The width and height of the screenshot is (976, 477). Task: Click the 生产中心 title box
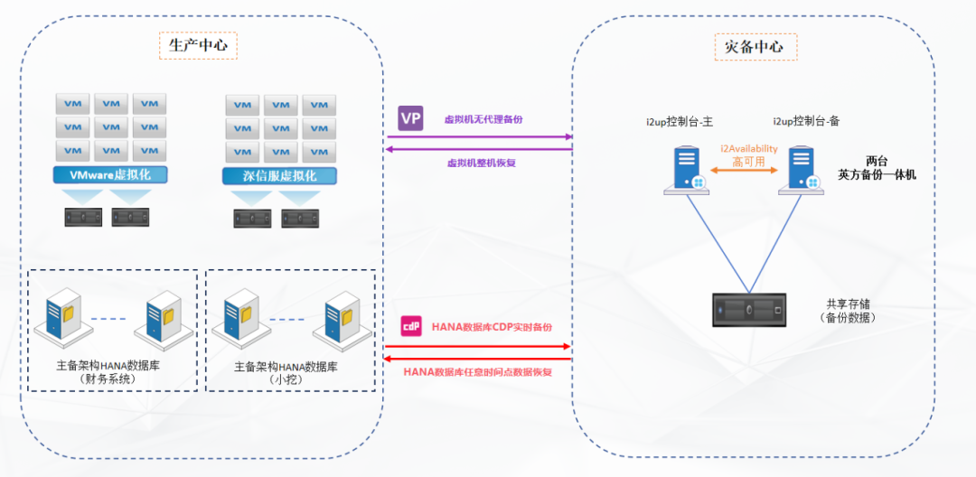point(198,45)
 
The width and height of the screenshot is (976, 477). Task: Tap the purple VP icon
point(410,118)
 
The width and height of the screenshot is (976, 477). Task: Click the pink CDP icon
point(411,326)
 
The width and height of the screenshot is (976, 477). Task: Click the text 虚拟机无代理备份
point(483,119)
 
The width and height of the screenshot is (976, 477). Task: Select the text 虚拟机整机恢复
point(482,164)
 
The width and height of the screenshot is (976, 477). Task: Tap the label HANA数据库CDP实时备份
point(492,327)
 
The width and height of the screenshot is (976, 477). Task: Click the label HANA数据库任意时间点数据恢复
point(477,371)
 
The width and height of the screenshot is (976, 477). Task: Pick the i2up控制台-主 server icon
point(686,172)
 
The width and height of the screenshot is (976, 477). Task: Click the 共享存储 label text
point(848,304)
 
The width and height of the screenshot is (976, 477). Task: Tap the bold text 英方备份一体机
point(877,175)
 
